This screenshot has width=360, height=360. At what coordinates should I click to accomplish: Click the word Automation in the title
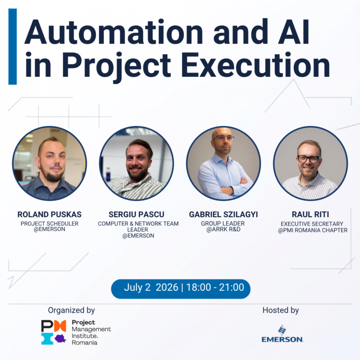pyautogui.click(x=113, y=32)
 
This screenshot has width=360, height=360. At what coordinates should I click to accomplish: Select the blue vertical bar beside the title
pyautogui.click(x=13, y=46)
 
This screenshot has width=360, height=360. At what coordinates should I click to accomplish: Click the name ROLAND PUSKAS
pyautogui.click(x=49, y=214)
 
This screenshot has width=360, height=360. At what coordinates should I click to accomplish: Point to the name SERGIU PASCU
pyautogui.click(x=136, y=214)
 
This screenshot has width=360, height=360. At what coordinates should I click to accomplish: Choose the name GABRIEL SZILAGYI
pyautogui.click(x=224, y=214)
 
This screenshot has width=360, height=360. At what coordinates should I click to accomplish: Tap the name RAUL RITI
pyautogui.click(x=310, y=214)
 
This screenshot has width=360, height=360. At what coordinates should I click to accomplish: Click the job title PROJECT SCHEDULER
pyautogui.click(x=49, y=224)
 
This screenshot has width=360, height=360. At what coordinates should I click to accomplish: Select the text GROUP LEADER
pyautogui.click(x=223, y=224)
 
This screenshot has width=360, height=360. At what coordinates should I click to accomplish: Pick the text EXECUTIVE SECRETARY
pyautogui.click(x=312, y=224)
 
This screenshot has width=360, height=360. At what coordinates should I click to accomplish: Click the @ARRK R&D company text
pyautogui.click(x=224, y=229)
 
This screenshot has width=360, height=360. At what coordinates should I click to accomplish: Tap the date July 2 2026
pyautogui.click(x=151, y=288)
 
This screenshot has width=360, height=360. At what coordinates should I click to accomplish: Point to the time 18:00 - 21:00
pyautogui.click(x=215, y=287)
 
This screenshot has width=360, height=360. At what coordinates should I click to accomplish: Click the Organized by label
pyautogui.click(x=71, y=310)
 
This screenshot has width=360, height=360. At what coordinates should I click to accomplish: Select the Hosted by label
pyautogui.click(x=281, y=310)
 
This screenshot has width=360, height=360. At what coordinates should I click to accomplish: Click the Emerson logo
pyautogui.click(x=282, y=334)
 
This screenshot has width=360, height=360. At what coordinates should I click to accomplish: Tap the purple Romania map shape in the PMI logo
pyautogui.click(x=60, y=338)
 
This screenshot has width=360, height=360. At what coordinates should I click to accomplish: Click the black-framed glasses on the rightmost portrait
pyautogui.click(x=308, y=159)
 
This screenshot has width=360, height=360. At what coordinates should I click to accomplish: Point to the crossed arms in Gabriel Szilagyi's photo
pyautogui.click(x=231, y=187)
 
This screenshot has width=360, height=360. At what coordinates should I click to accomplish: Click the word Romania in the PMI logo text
pyautogui.click(x=84, y=343)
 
